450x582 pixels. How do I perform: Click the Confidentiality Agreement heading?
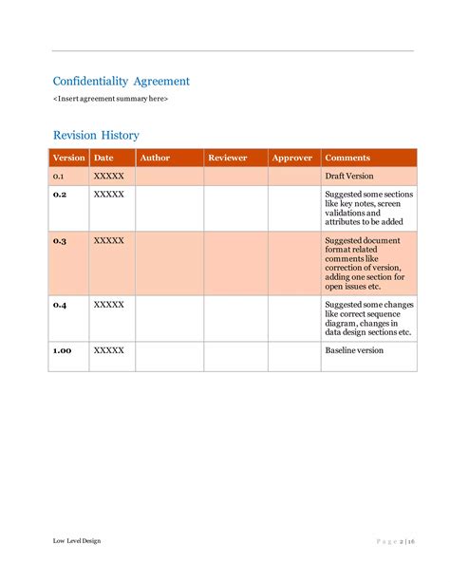click(x=121, y=82)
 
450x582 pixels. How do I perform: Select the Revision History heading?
click(x=96, y=135)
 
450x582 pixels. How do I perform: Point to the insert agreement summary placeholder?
click(x=110, y=99)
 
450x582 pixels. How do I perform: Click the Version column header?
click(x=68, y=158)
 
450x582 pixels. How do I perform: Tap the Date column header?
click(x=103, y=158)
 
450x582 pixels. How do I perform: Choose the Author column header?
click(x=155, y=158)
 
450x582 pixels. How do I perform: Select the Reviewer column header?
click(x=227, y=158)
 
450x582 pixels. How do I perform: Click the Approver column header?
click(x=291, y=158)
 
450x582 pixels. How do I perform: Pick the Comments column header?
click(x=347, y=158)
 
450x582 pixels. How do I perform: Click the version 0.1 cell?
click(x=59, y=177)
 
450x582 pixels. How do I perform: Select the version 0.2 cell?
click(x=60, y=194)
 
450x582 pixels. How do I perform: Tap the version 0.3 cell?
click(x=60, y=241)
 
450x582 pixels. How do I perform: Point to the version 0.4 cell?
click(x=60, y=305)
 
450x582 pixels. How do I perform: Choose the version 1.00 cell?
click(x=62, y=350)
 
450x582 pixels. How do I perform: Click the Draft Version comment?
click(x=349, y=177)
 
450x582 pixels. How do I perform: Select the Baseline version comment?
click(x=354, y=350)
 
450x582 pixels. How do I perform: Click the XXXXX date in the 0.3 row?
click(x=108, y=241)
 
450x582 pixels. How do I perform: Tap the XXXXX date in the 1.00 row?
click(x=108, y=350)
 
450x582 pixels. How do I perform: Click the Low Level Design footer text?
click(x=76, y=541)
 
